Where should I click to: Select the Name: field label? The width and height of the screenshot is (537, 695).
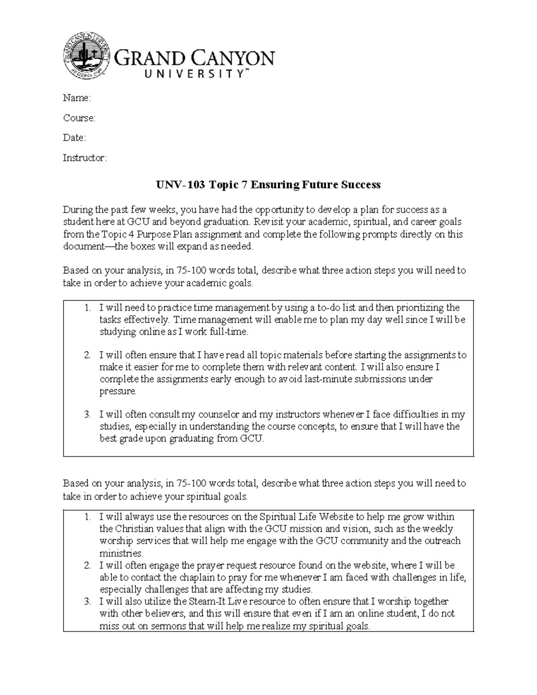[x=77, y=98]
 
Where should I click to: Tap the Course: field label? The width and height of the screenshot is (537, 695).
[x=79, y=118]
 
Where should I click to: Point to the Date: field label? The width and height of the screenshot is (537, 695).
[x=74, y=138]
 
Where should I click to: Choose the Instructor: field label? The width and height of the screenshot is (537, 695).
[x=85, y=158]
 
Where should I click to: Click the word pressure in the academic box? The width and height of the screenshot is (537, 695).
[x=117, y=391]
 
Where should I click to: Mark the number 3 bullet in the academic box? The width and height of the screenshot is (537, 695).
[x=87, y=414]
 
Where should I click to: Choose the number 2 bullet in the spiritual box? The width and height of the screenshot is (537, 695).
[x=87, y=565]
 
